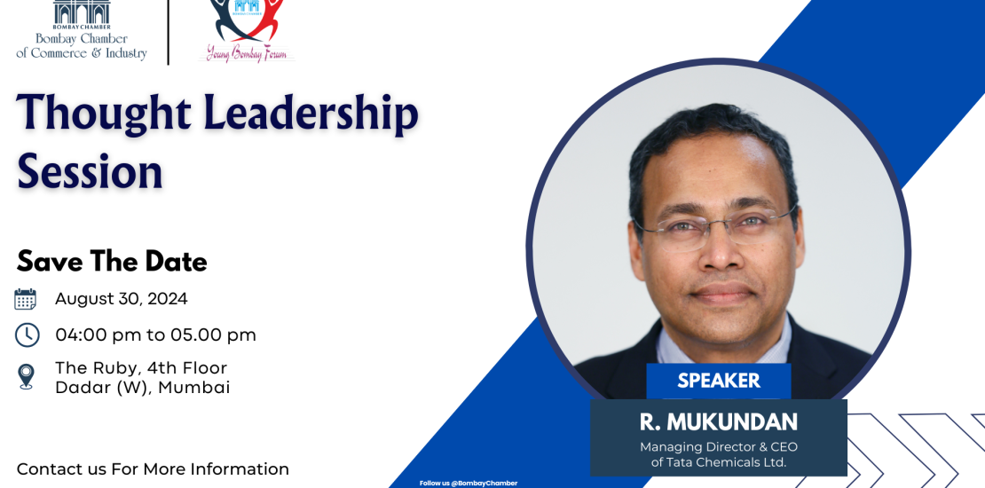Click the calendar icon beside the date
[x=25, y=299]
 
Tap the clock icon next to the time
[x=27, y=335]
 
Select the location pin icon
[x=26, y=377]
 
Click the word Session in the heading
[x=90, y=171]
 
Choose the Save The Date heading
[x=112, y=261]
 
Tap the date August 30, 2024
[x=122, y=299]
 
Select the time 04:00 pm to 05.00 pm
[x=156, y=335]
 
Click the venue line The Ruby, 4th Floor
[x=141, y=367]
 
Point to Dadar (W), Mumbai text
[x=143, y=388]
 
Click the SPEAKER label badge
[x=719, y=381]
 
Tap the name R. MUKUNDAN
[x=719, y=422]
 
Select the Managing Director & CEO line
[x=719, y=447]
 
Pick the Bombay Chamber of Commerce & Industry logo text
[x=82, y=46]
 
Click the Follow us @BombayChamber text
[x=469, y=483]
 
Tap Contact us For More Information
[x=153, y=469]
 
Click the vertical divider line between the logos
[x=169, y=32]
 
